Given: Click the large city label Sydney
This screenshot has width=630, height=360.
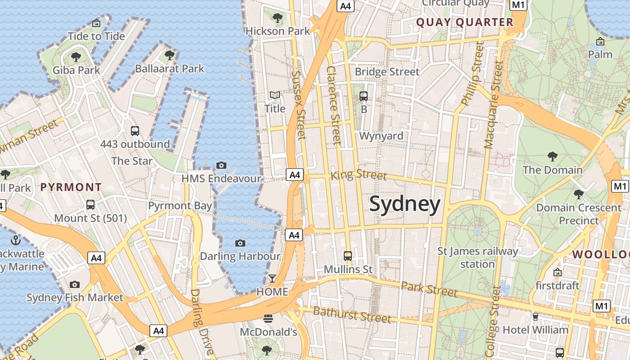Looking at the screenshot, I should pyautogui.click(x=405, y=205).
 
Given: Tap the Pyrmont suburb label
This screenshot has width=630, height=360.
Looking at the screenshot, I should pyautogui.click(x=71, y=187).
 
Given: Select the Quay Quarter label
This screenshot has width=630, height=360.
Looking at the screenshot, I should pyautogui.click(x=464, y=22).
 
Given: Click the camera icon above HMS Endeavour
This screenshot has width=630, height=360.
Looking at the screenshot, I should pyautogui.click(x=221, y=165).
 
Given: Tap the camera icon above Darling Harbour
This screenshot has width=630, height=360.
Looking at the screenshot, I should pyautogui.click(x=240, y=243).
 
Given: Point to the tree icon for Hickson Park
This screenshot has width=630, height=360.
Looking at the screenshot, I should pyautogui.click(x=278, y=18).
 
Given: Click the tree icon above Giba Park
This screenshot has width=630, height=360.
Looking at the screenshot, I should pyautogui.click(x=76, y=57).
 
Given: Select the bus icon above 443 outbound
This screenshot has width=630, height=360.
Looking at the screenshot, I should pyautogui.click(x=135, y=131).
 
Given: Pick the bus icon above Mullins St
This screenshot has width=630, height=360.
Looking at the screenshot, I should pyautogui.click(x=348, y=256).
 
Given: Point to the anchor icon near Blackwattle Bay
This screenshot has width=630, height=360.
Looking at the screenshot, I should pyautogui.click(x=16, y=240).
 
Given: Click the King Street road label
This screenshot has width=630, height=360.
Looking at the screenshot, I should pyautogui.click(x=359, y=175).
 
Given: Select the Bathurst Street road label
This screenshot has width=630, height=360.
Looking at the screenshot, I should pyautogui.click(x=352, y=315).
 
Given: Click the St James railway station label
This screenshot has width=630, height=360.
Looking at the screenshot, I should pyautogui.click(x=477, y=257).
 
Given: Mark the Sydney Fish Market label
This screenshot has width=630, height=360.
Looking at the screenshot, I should pyautogui.click(x=75, y=297).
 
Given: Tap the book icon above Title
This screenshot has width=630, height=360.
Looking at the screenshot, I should pyautogui.click(x=274, y=95).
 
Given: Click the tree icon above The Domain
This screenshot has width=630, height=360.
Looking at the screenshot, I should pyautogui.click(x=553, y=157).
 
